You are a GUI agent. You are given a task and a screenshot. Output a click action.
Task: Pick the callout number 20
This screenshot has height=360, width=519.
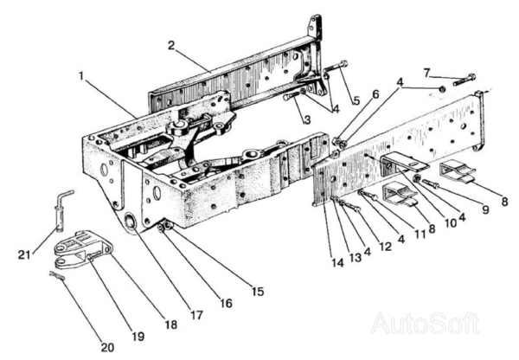pyautogui.click(x=106, y=347)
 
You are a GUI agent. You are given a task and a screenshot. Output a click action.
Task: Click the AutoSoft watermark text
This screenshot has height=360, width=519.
pyautogui.click(x=424, y=325)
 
